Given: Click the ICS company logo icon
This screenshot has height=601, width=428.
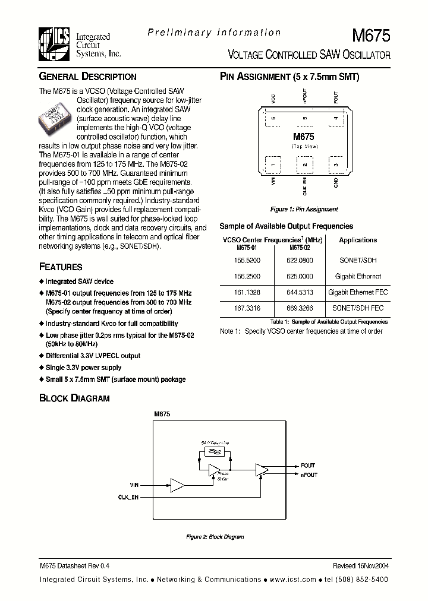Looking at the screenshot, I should [56, 45].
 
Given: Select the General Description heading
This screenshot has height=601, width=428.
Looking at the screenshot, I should [87, 77].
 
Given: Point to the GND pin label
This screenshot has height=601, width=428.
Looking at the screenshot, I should [336, 183].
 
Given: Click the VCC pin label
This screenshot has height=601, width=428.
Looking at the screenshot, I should [273, 98].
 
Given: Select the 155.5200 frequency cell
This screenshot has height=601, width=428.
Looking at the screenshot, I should [248, 260].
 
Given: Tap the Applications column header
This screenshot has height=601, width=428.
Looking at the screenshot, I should [358, 240].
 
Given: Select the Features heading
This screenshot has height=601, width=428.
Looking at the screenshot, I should [61, 267].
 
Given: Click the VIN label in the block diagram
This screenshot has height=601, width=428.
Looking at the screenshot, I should [134, 485].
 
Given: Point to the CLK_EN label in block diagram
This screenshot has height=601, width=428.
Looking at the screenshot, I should [128, 497].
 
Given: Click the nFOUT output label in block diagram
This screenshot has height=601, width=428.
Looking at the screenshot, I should [309, 475].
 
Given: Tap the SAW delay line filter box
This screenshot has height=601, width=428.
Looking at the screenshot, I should [214, 452].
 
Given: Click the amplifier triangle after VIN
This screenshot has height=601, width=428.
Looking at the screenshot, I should [177, 485].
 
